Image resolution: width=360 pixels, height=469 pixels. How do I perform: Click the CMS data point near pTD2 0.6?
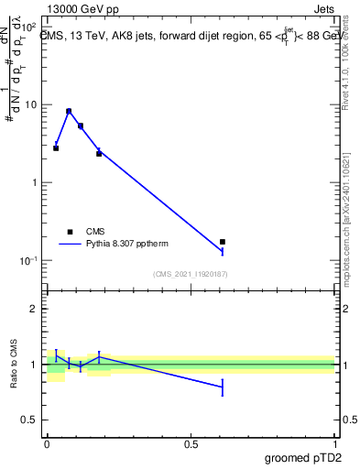click(223, 242)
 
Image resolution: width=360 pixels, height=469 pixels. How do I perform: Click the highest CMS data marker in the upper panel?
click(69, 111)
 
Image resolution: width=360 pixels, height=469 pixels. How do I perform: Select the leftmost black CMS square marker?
click(56, 147)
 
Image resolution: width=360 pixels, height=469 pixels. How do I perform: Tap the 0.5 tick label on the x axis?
click(191, 444)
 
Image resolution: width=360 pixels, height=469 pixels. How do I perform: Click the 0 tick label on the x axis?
click(47, 444)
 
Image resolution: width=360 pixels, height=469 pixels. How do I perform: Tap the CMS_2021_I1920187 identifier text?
click(191, 274)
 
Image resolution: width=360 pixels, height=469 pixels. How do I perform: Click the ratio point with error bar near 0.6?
click(223, 388)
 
